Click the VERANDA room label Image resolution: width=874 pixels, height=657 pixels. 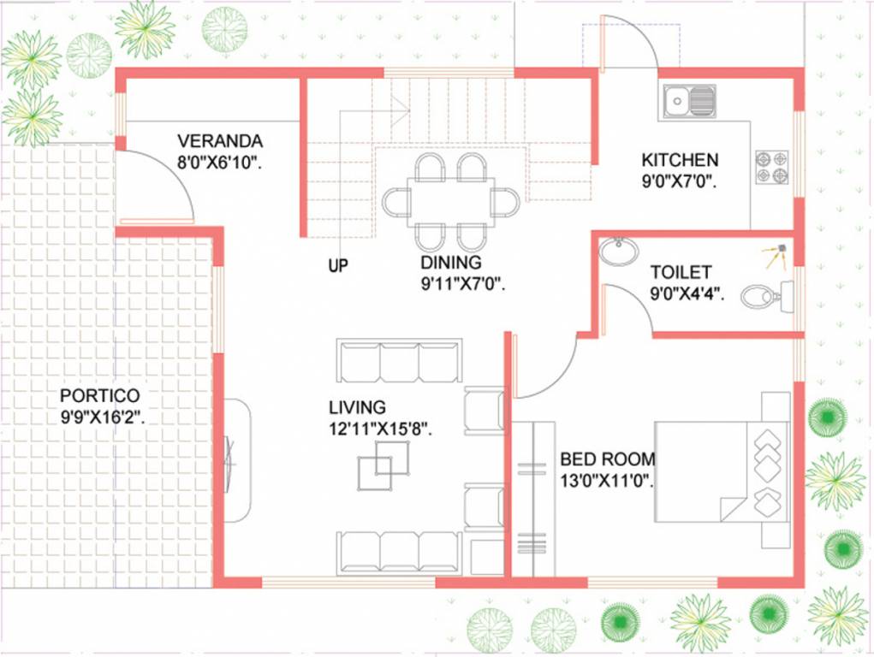click(220, 141)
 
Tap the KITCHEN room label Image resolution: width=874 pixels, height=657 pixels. click(680, 160)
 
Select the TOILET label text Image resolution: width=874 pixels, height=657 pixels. click(681, 273)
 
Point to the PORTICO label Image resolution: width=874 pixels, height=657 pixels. click(98, 397)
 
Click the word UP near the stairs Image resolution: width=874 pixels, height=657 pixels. click(338, 266)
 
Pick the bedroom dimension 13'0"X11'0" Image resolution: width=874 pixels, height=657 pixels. click(607, 480)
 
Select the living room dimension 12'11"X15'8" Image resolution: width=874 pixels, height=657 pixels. click(379, 429)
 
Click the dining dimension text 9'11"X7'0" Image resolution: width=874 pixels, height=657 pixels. click(463, 284)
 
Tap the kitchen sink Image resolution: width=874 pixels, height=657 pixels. click(688, 101)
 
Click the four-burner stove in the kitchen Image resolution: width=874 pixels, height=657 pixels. click(771, 167)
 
